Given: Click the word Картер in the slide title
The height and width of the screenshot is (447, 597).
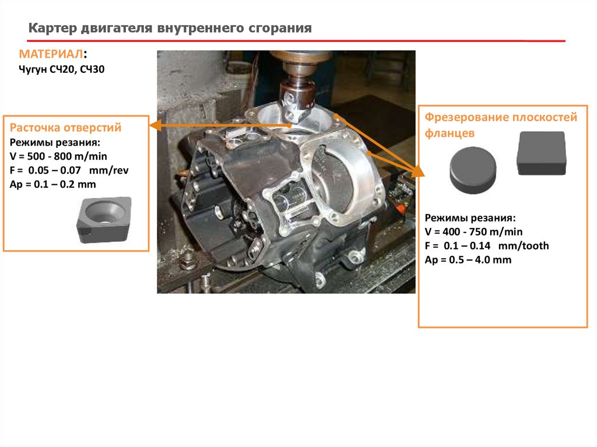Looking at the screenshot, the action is click(x=52, y=28).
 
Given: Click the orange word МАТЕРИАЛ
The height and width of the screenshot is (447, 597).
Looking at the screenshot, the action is click(x=51, y=54).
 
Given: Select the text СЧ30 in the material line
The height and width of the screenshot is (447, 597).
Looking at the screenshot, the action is click(x=92, y=69).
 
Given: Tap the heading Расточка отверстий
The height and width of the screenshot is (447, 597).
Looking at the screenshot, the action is click(x=65, y=127).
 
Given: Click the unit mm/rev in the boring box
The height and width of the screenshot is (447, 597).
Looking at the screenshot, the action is click(x=108, y=170).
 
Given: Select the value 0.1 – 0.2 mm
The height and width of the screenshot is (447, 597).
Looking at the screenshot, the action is click(x=65, y=184).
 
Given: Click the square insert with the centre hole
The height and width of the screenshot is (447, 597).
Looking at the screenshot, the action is click(x=104, y=219).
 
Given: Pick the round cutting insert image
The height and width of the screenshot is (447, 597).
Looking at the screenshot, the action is click(x=473, y=170).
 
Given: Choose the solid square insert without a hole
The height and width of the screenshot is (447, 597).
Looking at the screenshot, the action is click(x=541, y=153).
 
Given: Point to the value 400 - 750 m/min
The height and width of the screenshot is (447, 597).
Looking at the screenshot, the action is click(x=482, y=231).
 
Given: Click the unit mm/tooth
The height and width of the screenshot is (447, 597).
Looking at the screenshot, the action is click(x=524, y=245).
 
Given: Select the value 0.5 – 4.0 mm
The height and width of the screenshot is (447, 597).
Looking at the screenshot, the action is click(x=480, y=260).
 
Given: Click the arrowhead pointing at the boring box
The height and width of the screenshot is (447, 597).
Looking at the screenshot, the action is click(x=155, y=125).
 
